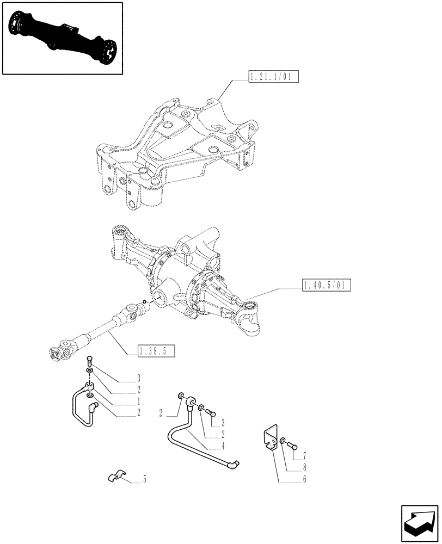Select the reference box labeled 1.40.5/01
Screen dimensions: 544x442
[326, 285]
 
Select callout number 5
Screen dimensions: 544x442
[144, 480]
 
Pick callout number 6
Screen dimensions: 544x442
[304, 479]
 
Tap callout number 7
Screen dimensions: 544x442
[304, 455]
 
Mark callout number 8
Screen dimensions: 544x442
[304, 467]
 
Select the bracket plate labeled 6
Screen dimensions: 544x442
[271, 440]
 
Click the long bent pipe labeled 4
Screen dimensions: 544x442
[185, 441]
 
